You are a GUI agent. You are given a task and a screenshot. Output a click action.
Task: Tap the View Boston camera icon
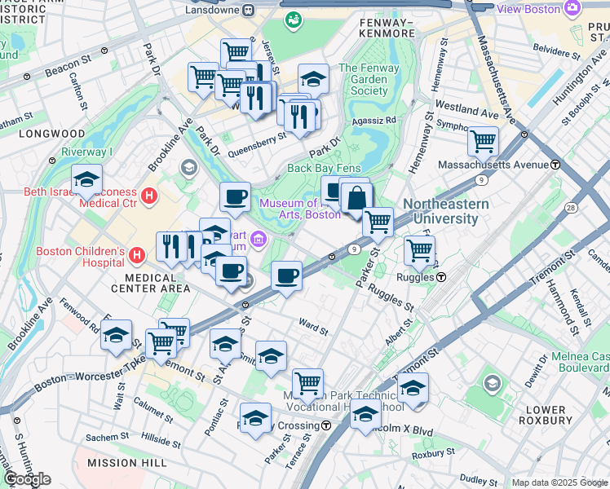point(573,7)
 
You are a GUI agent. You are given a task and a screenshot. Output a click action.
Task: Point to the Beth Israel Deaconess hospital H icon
point(148,196)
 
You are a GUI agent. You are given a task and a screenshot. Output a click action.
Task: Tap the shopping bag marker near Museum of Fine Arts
point(356,197)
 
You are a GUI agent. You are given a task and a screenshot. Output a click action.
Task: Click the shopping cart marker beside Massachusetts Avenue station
point(483,141)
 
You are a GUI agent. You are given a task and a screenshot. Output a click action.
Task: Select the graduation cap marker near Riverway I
point(86,180)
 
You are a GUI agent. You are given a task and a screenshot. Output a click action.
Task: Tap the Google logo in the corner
point(28,479)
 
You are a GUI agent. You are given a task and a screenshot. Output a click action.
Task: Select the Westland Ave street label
point(466,106)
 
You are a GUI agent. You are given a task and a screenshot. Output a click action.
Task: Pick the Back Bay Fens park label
point(324,168)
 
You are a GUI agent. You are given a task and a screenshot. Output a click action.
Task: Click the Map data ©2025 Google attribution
point(559,482)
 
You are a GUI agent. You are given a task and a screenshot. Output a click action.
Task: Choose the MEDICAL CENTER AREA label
point(152,289)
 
